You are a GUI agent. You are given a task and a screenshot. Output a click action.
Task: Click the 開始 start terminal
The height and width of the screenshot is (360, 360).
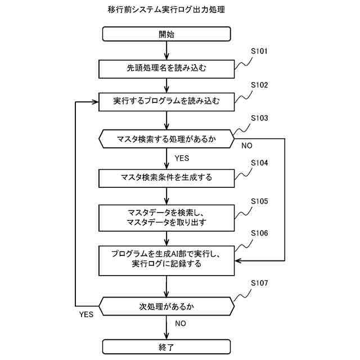(x=166, y=34)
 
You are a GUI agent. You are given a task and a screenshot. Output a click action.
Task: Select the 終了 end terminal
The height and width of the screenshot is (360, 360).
(x=166, y=346)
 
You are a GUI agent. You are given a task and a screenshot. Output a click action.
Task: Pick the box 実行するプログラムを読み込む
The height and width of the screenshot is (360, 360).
(x=166, y=102)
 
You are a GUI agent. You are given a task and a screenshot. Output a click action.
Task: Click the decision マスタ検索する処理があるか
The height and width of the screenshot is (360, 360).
(x=166, y=138)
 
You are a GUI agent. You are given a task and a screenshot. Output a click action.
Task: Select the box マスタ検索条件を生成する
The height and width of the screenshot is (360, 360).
(x=166, y=178)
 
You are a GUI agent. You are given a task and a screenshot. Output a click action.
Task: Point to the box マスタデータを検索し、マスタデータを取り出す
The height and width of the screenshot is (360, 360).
(x=166, y=218)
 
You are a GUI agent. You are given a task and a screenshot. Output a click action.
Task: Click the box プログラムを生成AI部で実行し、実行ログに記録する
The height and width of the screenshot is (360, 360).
(x=166, y=258)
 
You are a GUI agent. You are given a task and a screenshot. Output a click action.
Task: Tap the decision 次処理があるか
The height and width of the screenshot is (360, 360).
(x=166, y=307)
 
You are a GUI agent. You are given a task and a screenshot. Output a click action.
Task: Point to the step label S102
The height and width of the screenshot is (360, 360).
(x=259, y=85)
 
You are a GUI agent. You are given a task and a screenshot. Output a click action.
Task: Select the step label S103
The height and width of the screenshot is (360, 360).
(x=259, y=118)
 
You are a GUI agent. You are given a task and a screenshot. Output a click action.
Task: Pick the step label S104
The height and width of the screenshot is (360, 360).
(x=259, y=163)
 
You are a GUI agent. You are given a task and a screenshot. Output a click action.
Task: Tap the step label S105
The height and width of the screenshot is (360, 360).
(x=259, y=201)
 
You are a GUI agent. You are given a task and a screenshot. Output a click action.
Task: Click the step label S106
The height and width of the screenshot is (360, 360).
(x=259, y=233)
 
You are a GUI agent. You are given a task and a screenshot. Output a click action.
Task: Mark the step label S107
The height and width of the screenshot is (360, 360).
(x=259, y=282)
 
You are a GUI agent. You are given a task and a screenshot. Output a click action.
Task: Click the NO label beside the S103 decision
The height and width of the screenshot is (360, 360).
(x=246, y=146)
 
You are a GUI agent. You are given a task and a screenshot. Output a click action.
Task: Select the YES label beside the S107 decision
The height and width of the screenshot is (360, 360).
(x=86, y=314)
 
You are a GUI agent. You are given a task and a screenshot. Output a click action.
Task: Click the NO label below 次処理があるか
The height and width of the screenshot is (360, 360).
(x=181, y=324)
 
